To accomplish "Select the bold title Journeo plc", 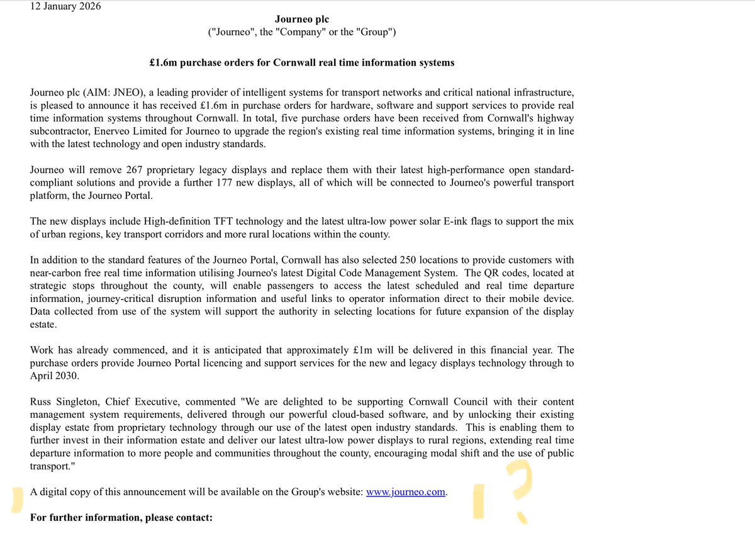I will (x=302, y=20).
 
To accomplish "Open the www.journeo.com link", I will (x=406, y=493).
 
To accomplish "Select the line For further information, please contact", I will (x=121, y=518).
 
